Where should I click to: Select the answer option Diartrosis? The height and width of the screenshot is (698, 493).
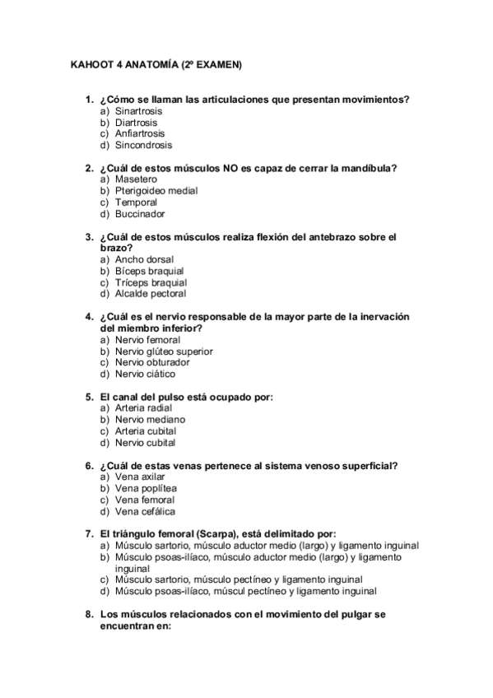(x=136, y=122)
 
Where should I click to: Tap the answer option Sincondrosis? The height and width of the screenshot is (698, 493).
(x=143, y=145)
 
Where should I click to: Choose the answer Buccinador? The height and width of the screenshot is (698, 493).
(x=140, y=214)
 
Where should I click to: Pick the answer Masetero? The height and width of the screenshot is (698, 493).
(x=136, y=179)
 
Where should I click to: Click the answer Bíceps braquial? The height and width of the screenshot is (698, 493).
(x=149, y=271)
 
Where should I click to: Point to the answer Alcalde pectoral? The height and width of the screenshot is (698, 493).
(x=151, y=294)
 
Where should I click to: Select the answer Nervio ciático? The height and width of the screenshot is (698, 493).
(x=145, y=374)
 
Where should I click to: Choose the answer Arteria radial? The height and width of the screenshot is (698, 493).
(x=144, y=408)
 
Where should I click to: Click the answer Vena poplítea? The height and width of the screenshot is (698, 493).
(x=146, y=488)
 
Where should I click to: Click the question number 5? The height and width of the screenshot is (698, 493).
(x=89, y=397)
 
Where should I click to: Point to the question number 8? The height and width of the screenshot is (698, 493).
(x=89, y=615)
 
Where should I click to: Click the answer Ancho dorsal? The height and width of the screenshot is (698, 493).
(x=144, y=259)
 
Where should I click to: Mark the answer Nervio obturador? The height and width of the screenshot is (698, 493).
(x=152, y=362)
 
